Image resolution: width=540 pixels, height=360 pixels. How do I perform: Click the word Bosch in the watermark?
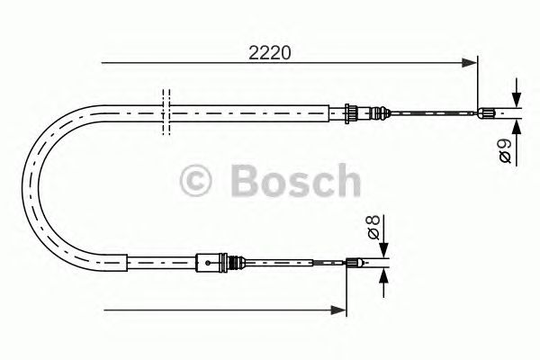coord(293,180)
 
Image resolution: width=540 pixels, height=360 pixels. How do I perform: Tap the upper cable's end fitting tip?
coord(490,112)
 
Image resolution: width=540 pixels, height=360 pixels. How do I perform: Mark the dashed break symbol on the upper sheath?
coord(166,112)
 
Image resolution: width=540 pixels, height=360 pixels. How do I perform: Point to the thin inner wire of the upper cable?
coord(432,112)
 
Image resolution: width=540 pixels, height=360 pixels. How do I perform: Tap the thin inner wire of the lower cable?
coord(297,264)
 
